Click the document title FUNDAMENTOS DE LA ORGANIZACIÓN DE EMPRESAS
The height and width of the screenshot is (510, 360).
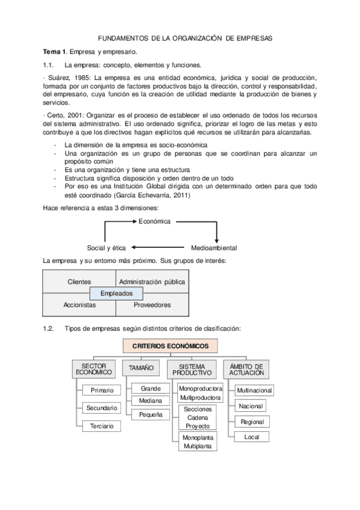coord(185,38)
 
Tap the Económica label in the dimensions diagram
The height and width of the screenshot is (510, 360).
coord(155,221)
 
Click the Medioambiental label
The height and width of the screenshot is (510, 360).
coord(214,247)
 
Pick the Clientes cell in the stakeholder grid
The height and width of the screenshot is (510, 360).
coord(79,281)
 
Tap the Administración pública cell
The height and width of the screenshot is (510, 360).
coord(152,281)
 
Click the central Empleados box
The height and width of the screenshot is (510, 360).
coord(116,293)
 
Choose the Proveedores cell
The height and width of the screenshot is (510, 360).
coord(152,305)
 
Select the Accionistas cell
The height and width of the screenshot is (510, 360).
coord(79,305)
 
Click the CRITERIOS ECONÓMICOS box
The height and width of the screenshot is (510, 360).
coord(171,346)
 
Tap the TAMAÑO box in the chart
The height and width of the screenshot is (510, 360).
coord(141,367)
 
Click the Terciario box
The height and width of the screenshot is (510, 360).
coord(102,426)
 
